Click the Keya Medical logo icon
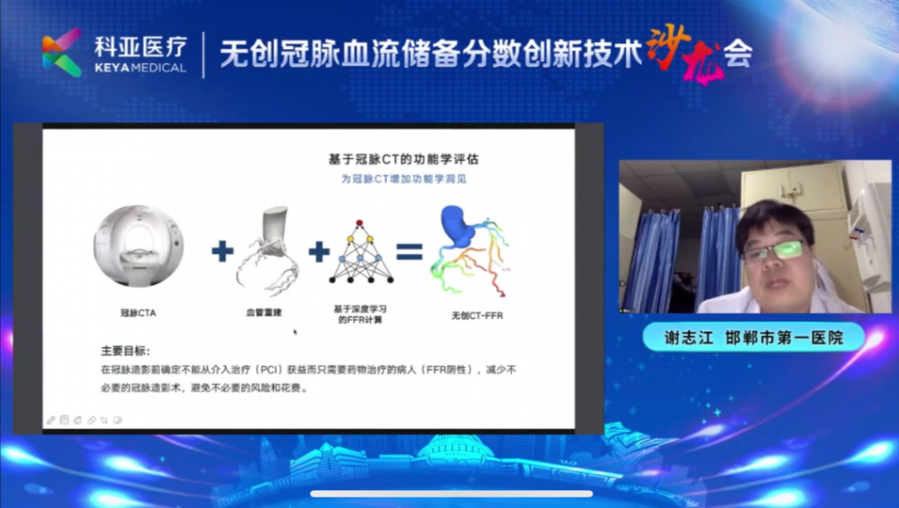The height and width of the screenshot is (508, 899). [x=62, y=53]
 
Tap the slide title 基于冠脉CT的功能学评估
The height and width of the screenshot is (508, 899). [x=403, y=159]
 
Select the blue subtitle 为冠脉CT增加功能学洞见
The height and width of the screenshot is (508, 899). [x=404, y=179]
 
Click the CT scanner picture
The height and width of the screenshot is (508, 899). [x=139, y=246]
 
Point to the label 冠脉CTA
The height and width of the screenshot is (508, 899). [x=138, y=313]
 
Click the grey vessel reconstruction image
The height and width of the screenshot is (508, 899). [x=268, y=250]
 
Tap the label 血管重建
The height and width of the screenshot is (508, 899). [x=263, y=312]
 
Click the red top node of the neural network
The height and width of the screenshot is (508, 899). [x=359, y=222]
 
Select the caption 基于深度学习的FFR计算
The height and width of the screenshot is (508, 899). [x=360, y=314]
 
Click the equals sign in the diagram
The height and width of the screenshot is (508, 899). [x=409, y=251]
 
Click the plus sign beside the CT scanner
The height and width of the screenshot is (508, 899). [x=222, y=250]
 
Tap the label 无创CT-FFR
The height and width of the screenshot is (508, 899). [x=477, y=316]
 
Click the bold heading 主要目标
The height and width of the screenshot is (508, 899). [x=126, y=351]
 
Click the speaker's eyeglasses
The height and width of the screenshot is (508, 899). [x=773, y=250]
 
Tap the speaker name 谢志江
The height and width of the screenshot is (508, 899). [x=688, y=337]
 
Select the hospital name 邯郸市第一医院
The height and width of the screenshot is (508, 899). [x=784, y=337]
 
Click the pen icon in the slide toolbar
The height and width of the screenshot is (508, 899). [x=51, y=420]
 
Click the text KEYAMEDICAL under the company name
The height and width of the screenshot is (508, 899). [x=140, y=68]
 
